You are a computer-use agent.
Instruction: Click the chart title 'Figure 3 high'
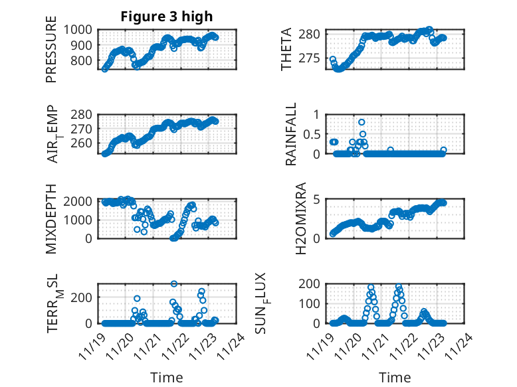point(166,17)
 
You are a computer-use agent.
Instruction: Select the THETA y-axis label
point(286,50)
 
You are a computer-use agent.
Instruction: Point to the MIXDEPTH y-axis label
point(51,220)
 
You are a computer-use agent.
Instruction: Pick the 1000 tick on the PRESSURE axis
point(81,30)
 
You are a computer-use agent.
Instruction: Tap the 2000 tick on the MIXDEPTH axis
point(81,200)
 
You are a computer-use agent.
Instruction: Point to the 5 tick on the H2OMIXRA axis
point(317,199)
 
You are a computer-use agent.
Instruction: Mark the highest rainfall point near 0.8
point(362,122)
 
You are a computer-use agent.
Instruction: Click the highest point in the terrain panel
point(174,283)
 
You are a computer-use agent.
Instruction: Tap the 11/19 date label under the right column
point(322,345)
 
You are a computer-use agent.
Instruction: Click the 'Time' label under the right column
point(395,377)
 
